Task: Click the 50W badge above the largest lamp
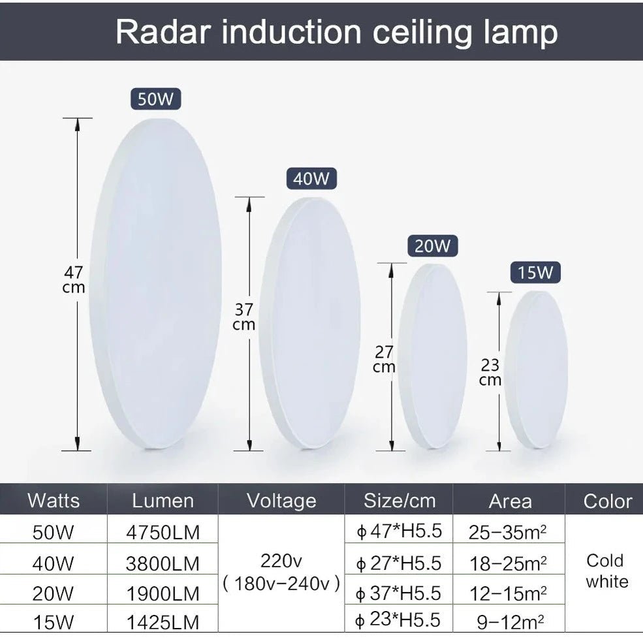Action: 155,99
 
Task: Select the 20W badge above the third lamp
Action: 432,246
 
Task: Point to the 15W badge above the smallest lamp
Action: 535,273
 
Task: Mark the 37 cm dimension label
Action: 243,317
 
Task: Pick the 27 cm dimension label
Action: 384,359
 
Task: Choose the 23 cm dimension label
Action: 490,372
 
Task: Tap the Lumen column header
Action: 163,501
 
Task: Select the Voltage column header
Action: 281,501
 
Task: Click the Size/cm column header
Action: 400,501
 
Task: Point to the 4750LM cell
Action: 163,532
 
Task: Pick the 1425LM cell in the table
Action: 163,621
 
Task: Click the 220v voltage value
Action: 281,560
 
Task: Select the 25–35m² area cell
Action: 508,532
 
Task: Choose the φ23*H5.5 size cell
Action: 399,619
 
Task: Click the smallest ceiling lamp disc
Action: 537,370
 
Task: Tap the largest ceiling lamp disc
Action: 157,284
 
